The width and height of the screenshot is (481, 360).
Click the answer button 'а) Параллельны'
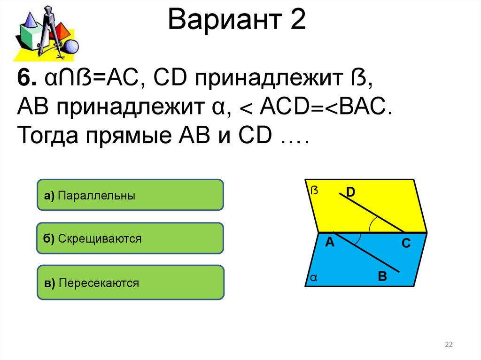(130, 195)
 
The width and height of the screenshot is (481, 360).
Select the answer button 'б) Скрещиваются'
(130, 238)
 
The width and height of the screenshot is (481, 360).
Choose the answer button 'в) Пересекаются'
(130, 283)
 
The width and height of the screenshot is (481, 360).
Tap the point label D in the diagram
(351, 191)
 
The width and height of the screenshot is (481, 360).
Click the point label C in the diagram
(406, 243)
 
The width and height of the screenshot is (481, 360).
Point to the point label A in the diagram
(329, 242)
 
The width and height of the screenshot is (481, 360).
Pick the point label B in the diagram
(382, 276)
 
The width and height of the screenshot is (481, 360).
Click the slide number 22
(449, 345)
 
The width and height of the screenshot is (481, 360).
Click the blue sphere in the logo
(71, 47)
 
